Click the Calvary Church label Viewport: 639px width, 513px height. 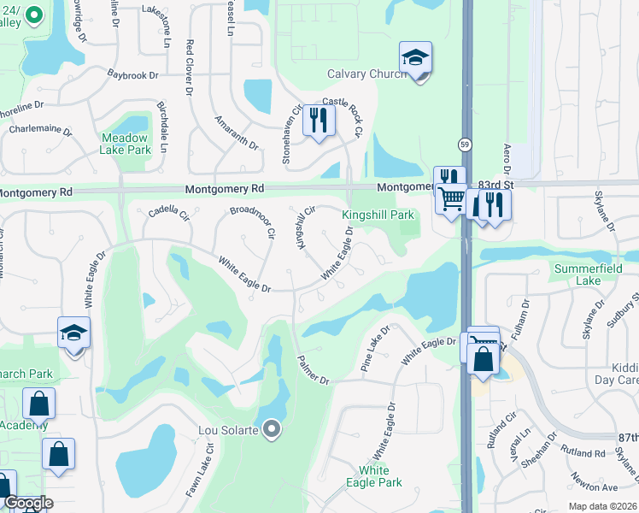pos(367,74)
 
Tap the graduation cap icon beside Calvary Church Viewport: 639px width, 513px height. pos(415,59)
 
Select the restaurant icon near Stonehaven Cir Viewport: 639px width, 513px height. pos(319,120)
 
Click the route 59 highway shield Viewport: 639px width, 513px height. pos(464,144)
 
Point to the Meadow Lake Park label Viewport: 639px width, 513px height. pos(126,144)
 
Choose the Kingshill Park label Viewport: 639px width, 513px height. pos(378,215)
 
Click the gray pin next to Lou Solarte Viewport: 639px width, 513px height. pos(273,428)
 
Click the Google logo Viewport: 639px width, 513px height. pos(28,503)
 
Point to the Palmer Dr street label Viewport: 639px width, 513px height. pos(313,369)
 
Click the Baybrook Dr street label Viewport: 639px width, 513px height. pos(133,75)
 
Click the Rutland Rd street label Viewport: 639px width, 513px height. pos(583,451)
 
